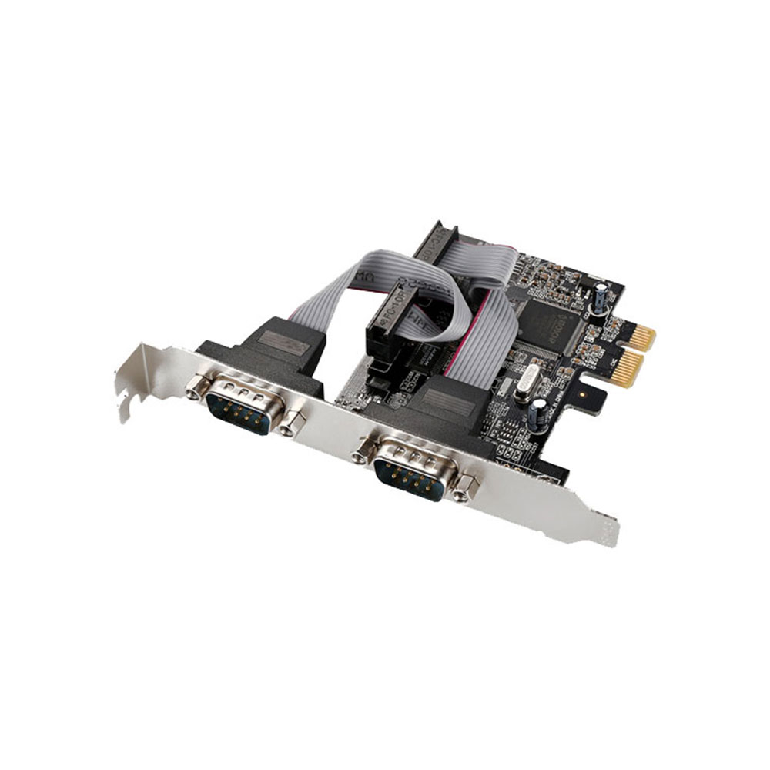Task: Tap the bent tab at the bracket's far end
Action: pyautogui.click(x=607, y=531)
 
